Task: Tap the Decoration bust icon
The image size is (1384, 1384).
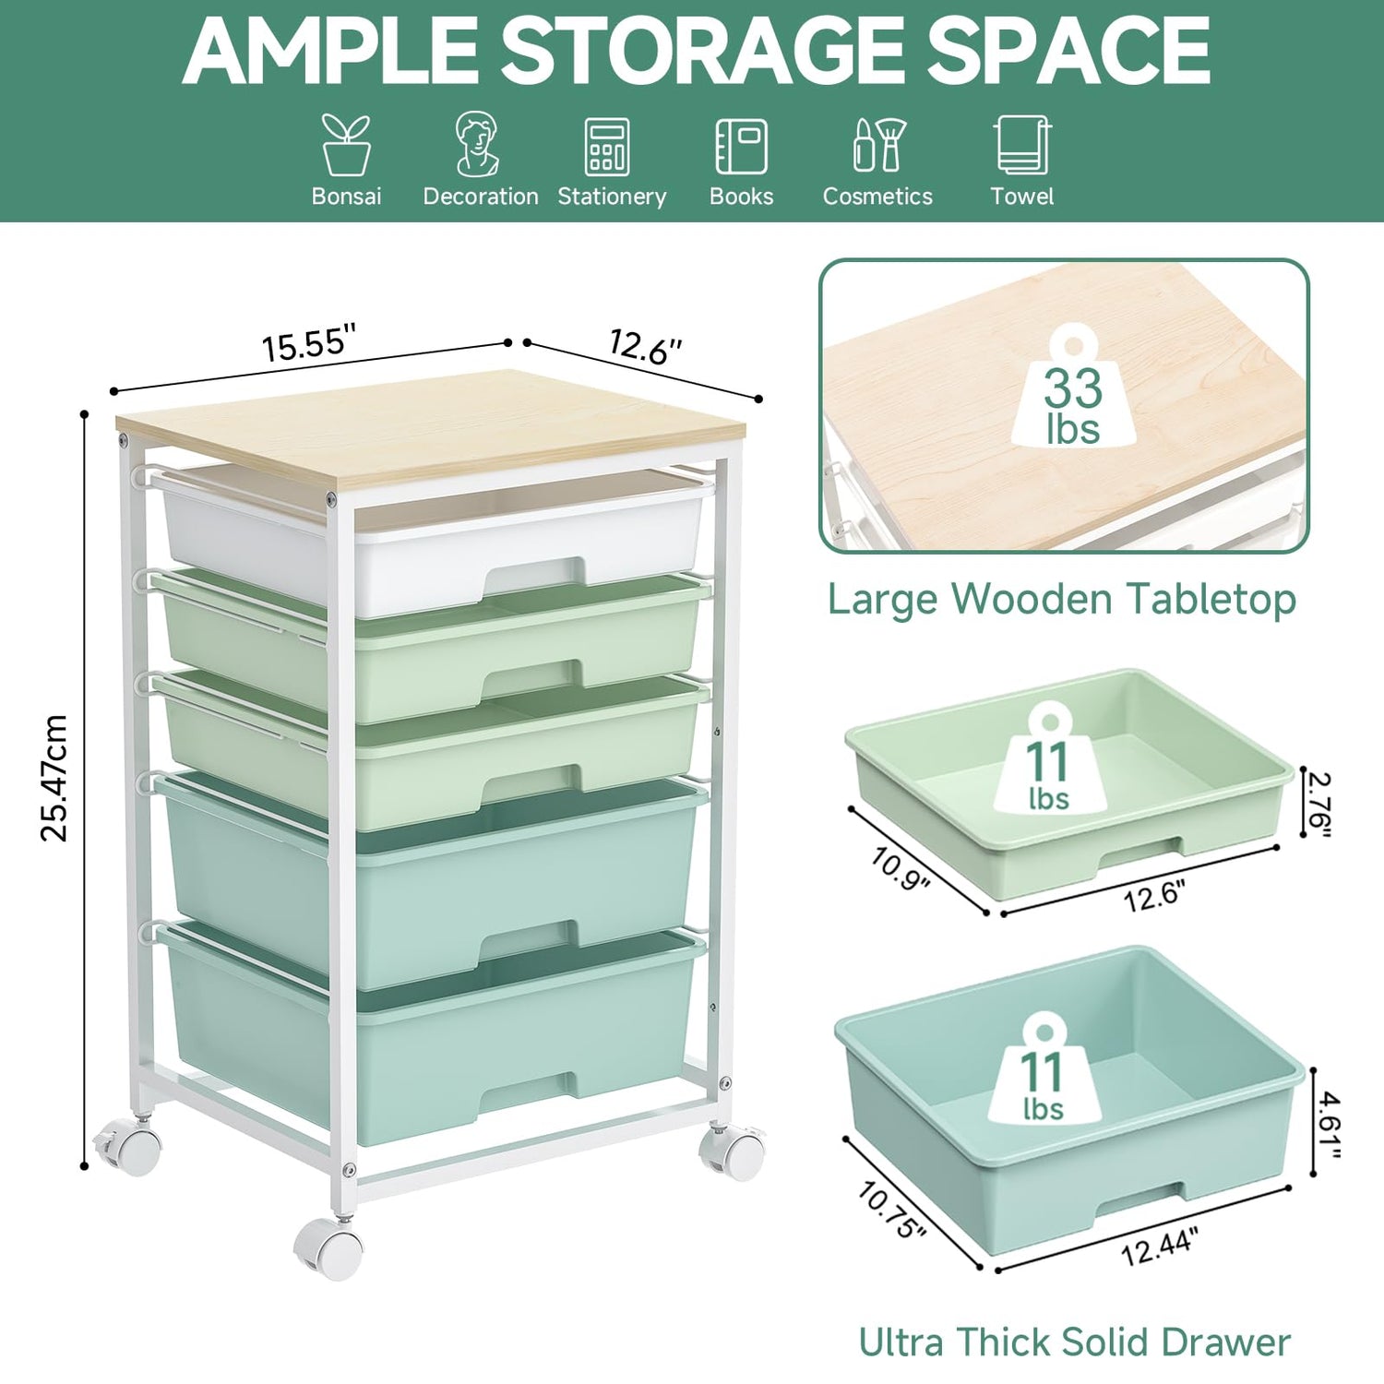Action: (x=478, y=144)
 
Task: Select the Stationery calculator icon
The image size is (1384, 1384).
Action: (x=607, y=146)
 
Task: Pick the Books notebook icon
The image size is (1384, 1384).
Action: (x=741, y=146)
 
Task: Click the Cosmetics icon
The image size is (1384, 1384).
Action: (x=878, y=145)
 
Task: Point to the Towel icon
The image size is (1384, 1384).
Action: (x=1022, y=145)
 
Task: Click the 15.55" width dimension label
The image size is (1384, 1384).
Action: (x=309, y=343)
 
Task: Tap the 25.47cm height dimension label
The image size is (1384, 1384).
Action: (x=54, y=778)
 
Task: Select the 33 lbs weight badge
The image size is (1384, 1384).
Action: (x=1073, y=387)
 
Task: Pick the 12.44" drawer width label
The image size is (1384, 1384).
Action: (x=1159, y=1247)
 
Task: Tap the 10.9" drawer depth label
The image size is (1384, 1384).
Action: (x=901, y=870)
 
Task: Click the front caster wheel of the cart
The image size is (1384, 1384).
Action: (x=329, y=1248)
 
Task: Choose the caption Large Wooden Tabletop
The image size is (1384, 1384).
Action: (x=1062, y=599)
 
